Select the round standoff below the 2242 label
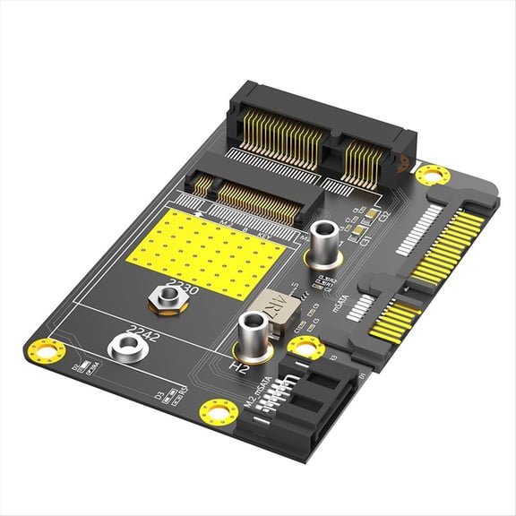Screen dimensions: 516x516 tap(121, 347)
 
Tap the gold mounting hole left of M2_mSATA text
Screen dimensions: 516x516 tap(219, 411)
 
